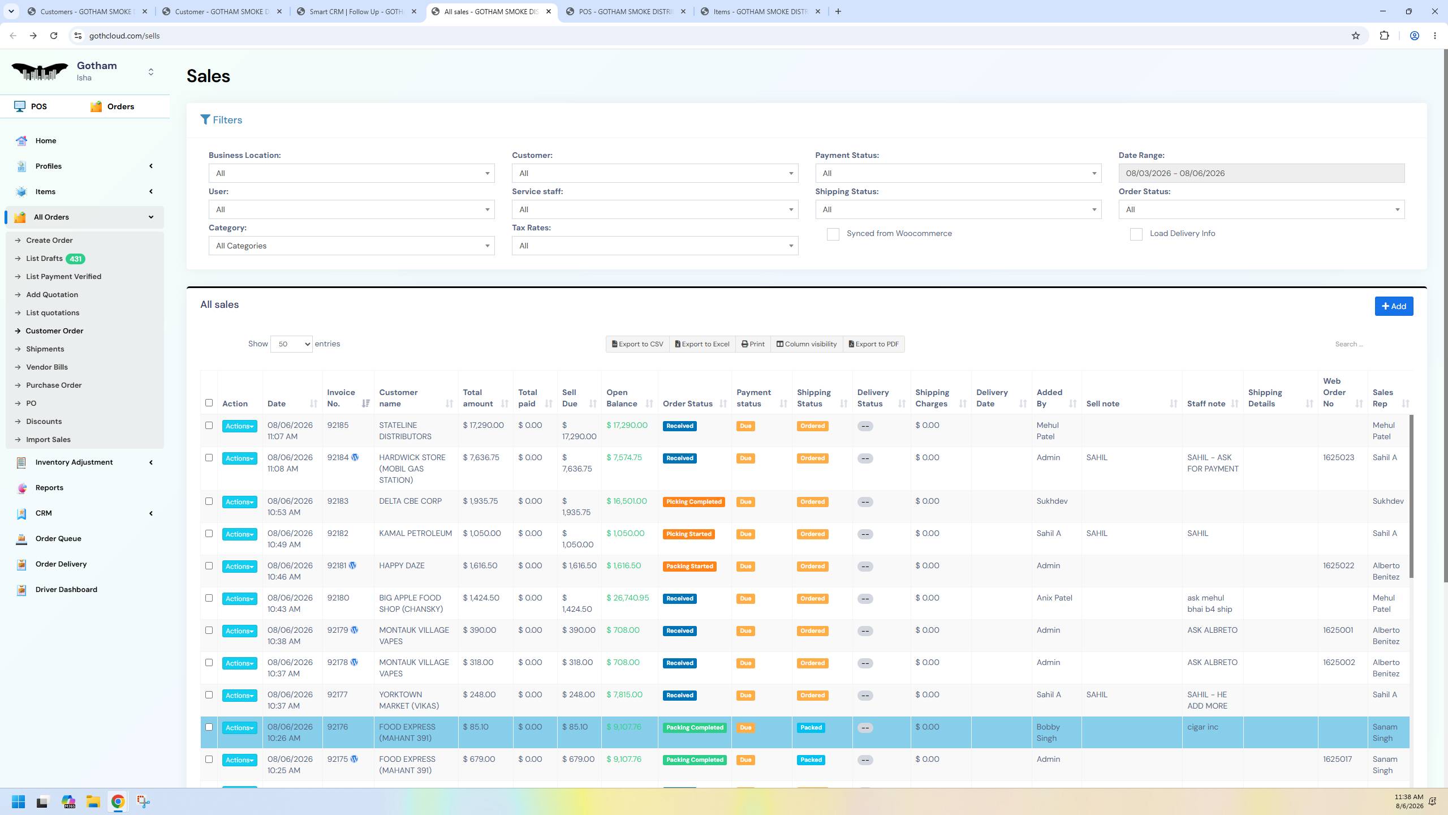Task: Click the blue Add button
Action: coord(1394,306)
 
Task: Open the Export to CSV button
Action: coord(637,344)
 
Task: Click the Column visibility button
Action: coord(807,344)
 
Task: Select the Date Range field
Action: coord(1261,173)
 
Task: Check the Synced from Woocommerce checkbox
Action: coord(833,234)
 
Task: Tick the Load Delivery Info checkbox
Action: coord(1136,234)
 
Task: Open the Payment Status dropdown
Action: coord(958,173)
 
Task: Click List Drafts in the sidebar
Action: coord(44,259)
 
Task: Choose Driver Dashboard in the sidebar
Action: coord(66,590)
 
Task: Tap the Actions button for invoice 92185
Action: coord(239,426)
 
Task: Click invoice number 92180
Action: coord(338,598)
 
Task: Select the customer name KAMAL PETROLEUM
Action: coord(415,533)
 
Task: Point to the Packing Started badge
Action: coord(689,567)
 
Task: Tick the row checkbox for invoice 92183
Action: coord(209,501)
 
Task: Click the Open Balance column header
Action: coord(622,398)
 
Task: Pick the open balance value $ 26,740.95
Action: coord(628,598)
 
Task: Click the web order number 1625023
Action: coord(1338,457)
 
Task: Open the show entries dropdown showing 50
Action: coord(291,344)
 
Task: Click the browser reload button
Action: coord(54,36)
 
